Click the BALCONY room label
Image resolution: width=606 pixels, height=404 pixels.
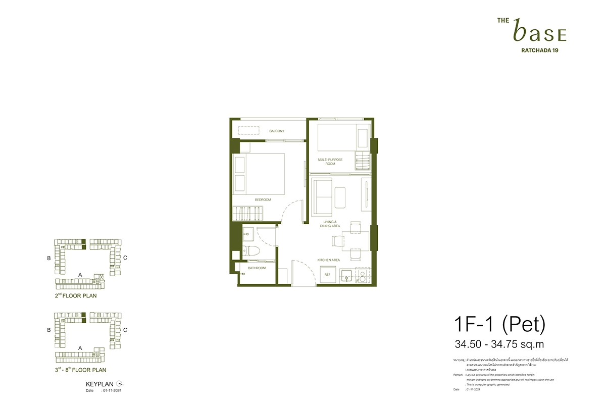tap(276, 131)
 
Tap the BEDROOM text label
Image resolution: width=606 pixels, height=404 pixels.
tap(263, 199)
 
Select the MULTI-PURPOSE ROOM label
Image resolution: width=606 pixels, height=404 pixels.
tap(330, 162)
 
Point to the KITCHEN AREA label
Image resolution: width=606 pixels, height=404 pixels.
tap(328, 260)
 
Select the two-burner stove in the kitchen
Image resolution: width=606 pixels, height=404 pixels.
tap(363, 275)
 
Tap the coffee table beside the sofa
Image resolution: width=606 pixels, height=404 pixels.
tap(339, 196)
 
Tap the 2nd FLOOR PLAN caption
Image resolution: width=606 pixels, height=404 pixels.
tap(76, 296)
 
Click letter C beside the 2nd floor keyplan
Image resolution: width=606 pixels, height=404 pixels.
tap(125, 258)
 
